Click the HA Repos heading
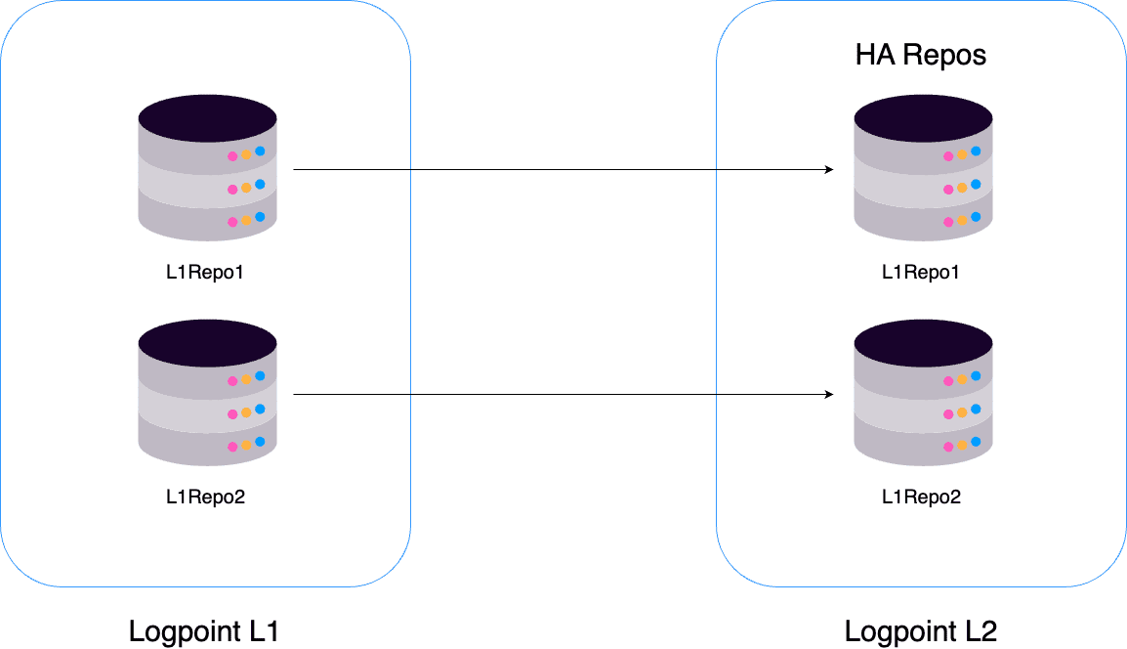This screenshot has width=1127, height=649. [921, 55]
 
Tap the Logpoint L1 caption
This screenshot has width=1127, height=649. [204, 631]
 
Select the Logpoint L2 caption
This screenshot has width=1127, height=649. [920, 631]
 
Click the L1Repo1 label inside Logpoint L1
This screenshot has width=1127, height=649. [205, 273]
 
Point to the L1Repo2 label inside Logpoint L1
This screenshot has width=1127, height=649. [205, 498]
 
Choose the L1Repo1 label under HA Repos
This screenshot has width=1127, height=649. [921, 273]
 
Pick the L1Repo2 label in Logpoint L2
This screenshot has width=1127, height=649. [921, 498]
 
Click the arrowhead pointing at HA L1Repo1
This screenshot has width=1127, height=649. [828, 170]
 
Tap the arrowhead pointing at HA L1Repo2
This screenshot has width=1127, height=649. [828, 395]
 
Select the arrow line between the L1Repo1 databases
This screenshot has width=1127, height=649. [562, 170]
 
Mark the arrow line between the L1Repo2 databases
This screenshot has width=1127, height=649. [562, 395]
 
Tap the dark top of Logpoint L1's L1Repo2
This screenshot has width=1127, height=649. [207, 342]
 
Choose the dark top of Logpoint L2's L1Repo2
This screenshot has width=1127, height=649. [923, 342]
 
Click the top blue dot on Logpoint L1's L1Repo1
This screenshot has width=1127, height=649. [260, 151]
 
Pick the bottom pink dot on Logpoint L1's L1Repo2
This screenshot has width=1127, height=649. [232, 447]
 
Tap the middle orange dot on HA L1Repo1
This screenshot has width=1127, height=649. [962, 188]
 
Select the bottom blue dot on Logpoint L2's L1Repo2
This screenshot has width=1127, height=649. [976, 442]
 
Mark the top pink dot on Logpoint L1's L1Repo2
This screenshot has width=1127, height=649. [232, 381]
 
